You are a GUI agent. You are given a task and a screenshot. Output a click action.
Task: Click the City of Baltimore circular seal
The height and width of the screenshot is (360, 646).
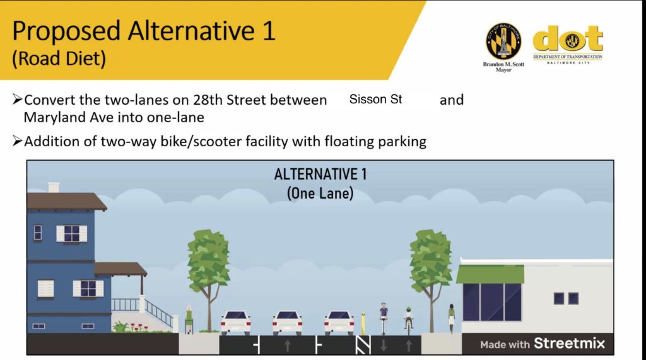pos(503,41)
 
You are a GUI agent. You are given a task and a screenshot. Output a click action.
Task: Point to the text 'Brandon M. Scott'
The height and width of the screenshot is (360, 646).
pos(503,64)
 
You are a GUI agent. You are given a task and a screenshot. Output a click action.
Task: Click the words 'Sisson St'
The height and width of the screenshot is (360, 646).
pos(375,99)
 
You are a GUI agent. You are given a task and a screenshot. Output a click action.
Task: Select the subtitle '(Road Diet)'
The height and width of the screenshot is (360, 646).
pos(59,58)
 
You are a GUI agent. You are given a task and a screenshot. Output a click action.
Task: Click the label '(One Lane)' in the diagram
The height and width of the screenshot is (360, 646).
pos(320,193)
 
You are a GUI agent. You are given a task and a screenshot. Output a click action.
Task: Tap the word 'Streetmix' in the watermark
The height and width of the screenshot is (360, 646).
pos(570,343)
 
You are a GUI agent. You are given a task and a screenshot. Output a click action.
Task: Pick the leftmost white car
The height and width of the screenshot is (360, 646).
pos(236,322)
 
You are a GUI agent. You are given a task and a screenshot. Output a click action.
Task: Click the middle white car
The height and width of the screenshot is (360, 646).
pos(287,322)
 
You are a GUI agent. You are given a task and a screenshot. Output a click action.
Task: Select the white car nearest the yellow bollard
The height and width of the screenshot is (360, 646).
pos(339,322)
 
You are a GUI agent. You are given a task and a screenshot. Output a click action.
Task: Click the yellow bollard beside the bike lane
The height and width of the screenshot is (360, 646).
pos(363,324)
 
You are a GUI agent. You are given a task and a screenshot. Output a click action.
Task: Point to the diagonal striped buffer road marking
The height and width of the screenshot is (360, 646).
pos(363,345)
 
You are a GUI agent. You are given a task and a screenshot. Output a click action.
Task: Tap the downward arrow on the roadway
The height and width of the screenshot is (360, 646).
pos(384,345)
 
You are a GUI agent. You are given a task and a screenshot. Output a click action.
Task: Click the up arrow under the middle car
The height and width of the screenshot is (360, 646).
pos(288,345)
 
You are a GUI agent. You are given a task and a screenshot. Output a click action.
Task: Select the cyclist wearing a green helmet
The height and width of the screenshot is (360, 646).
pos(408,318)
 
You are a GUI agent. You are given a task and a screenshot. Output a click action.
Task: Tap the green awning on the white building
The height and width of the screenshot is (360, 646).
pos(490,274)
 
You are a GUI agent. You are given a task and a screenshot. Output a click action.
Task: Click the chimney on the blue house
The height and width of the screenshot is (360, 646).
pos(54,187)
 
